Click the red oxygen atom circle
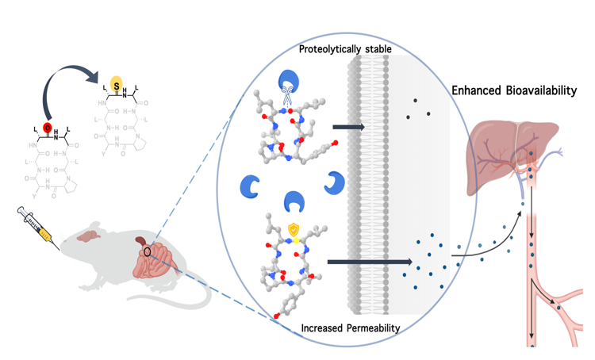tap(48, 128)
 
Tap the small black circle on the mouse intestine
tap(147, 253)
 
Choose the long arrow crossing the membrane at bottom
tap(368, 260)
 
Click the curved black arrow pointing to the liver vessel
tap(492, 238)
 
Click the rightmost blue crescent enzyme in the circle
tap(334, 182)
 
